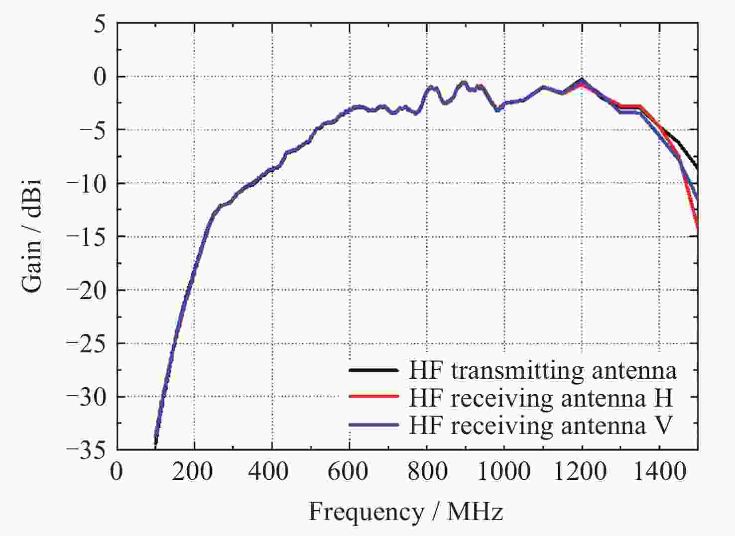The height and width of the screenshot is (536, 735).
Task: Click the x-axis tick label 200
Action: [x=194, y=471]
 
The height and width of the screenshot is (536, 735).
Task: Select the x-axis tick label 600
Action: [x=349, y=471]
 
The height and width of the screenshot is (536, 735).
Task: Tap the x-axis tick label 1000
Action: [x=503, y=471]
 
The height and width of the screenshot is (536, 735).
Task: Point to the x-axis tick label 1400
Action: [x=658, y=471]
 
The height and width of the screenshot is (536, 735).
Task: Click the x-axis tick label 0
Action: [x=117, y=471]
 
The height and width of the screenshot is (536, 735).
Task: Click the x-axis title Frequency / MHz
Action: [x=406, y=512]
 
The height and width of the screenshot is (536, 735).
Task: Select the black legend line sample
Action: [x=373, y=370]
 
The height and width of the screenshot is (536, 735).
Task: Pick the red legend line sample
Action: [x=373, y=397]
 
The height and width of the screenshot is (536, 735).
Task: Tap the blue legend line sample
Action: [x=373, y=425]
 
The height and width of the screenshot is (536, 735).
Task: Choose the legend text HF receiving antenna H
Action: [x=541, y=398]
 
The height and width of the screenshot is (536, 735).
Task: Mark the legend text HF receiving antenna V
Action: [x=541, y=425]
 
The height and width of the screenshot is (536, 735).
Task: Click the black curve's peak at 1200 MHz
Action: [x=582, y=79]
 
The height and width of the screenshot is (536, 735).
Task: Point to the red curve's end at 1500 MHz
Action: [x=697, y=228]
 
